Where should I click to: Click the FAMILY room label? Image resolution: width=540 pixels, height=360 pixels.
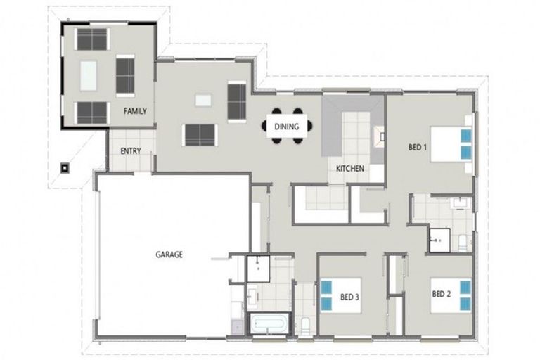[x=135, y=111]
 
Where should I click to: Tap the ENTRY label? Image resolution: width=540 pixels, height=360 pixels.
[x=131, y=151]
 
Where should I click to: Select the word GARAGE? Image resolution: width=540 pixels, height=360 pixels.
[x=169, y=255]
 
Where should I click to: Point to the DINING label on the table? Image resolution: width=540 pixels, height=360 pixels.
[x=287, y=127]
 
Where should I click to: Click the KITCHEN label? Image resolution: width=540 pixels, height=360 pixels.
[x=350, y=169]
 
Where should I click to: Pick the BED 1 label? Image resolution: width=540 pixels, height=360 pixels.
[x=418, y=147]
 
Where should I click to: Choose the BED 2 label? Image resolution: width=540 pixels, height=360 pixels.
[x=441, y=294]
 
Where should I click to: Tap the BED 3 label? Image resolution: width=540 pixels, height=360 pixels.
[x=349, y=297]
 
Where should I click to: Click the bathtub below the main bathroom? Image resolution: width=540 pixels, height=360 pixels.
[x=269, y=324]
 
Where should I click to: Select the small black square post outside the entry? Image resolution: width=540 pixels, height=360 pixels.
[x=65, y=168]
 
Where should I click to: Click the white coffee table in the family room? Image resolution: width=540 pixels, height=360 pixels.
[x=88, y=76]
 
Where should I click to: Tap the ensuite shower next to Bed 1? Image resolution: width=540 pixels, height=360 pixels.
[x=439, y=240]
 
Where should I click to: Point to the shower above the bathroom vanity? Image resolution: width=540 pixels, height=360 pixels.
[x=258, y=269]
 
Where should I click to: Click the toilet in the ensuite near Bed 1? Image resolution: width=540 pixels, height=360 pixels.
[x=462, y=243]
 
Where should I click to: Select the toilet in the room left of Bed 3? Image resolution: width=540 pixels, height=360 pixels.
[x=305, y=326]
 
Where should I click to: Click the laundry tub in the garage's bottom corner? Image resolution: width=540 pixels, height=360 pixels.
[x=238, y=326]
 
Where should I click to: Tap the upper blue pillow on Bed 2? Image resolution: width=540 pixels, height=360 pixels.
[x=465, y=287]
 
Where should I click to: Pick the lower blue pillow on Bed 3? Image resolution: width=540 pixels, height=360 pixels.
[x=326, y=304]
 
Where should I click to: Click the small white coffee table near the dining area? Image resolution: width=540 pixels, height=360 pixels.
[x=203, y=101]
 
